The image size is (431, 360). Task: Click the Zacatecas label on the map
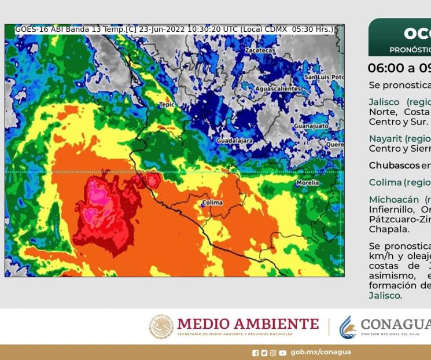coord(260,50)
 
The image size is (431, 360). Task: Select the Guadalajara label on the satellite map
coord(234,141)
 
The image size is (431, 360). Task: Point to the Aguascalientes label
coord(278,89)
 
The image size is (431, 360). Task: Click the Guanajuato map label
coord(311,126)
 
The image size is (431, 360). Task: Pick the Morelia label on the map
coord(307,183)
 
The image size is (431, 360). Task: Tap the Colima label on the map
coord(212,203)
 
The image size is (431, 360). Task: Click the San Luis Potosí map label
coord(324,77)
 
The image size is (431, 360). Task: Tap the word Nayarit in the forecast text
coord(384,138)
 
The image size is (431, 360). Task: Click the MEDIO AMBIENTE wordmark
coord(248,324)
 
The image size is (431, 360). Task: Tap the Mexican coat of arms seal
coord(161,326)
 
